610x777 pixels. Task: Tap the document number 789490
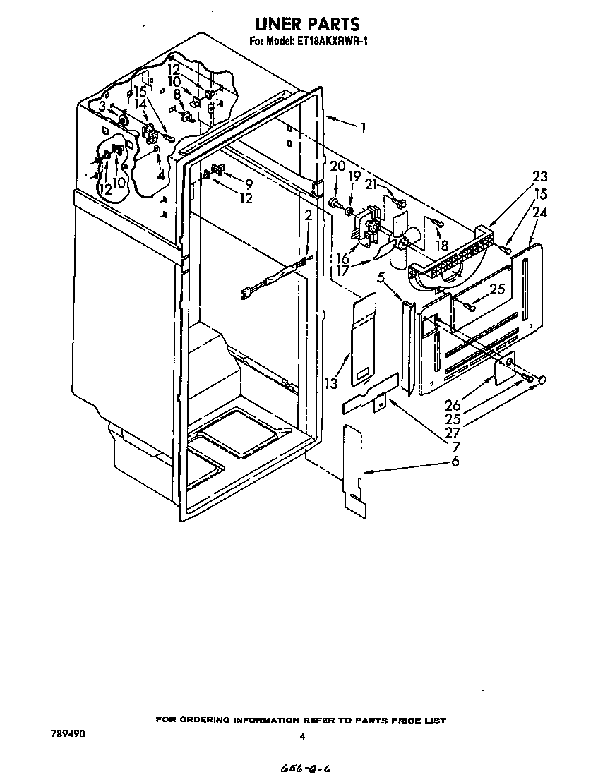tap(68, 734)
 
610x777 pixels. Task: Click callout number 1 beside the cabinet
tap(363, 128)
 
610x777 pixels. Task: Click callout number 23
tap(540, 176)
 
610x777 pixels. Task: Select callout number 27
tap(453, 432)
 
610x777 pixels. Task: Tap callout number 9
tap(248, 185)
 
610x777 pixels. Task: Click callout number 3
tap(102, 106)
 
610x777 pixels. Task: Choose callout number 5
tap(381, 278)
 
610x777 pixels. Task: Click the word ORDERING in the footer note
tap(208, 721)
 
